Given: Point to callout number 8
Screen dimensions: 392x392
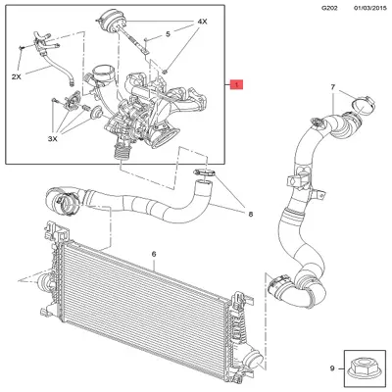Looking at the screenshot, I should (x=250, y=213).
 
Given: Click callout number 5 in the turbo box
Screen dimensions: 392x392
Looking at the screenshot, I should (x=167, y=34).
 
